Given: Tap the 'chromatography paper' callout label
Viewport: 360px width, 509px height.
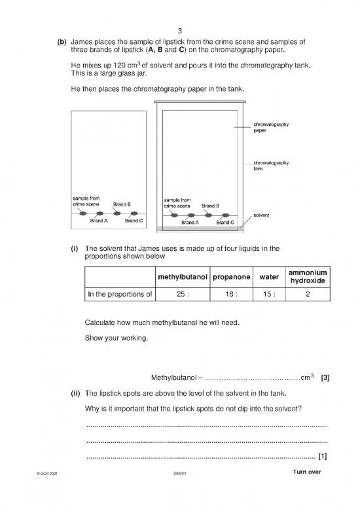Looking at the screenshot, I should click(272, 126).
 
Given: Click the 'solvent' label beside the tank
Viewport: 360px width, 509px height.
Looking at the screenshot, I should click(262, 215).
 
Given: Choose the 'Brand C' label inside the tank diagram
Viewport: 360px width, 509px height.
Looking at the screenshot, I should click(225, 223).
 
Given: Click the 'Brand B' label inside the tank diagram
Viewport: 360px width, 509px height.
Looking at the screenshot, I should click(210, 206).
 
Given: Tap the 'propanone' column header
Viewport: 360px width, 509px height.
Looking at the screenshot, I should click(232, 276).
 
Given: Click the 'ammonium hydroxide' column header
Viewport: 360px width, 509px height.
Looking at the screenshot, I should click(308, 276).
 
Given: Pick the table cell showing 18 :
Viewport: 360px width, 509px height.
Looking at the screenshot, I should click(232, 294).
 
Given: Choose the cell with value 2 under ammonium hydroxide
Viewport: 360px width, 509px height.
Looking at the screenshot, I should click(308, 294).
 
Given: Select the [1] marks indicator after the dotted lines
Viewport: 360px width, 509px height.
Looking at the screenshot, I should click(322, 457).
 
